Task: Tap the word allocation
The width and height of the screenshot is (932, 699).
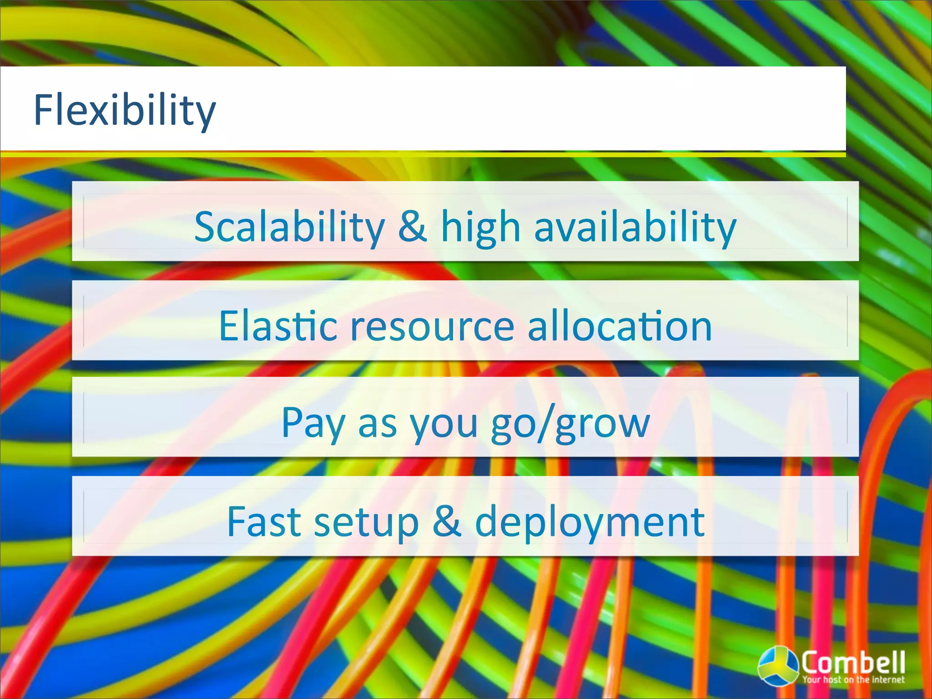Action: (x=619, y=326)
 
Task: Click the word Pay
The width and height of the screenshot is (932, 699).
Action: (x=313, y=423)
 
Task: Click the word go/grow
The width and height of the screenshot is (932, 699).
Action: (x=571, y=423)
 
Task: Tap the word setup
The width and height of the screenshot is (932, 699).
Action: (x=366, y=522)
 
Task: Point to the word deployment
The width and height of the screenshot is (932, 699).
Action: (x=590, y=522)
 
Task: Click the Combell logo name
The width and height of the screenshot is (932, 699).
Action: (x=853, y=662)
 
